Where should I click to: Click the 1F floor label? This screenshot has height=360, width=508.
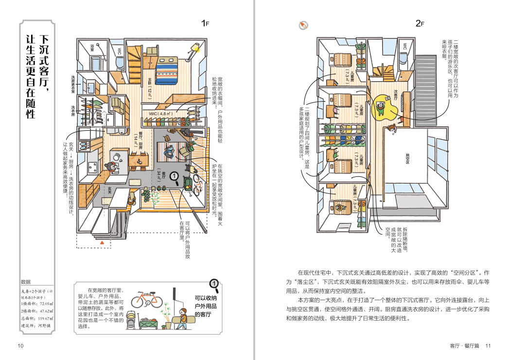click(x=205, y=23)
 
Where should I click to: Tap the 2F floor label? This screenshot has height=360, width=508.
click(x=420, y=23)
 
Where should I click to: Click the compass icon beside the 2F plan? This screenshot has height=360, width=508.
click(x=304, y=25)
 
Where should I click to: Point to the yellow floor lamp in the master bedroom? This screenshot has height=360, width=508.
click(x=194, y=48)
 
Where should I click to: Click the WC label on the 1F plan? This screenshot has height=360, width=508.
click(x=119, y=51)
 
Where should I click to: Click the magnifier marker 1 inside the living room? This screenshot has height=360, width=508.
click(x=176, y=179)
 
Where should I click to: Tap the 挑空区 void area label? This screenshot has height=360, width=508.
click(x=407, y=155)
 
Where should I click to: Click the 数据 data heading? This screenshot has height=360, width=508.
click(x=26, y=282)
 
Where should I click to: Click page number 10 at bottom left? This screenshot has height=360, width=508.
click(x=20, y=346)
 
